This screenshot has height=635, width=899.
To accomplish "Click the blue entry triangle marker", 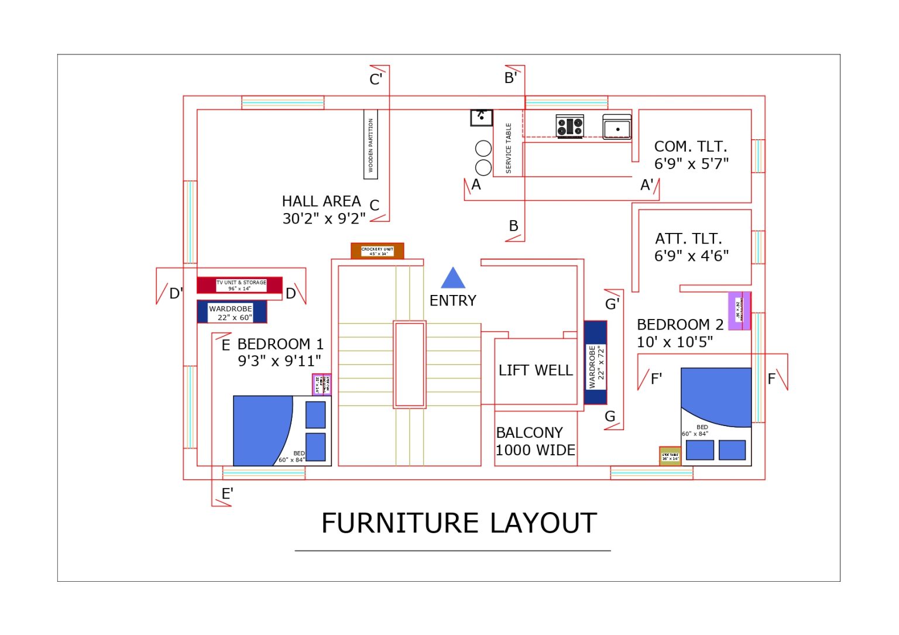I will (x=453, y=279).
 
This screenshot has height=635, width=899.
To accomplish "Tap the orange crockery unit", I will (x=378, y=251).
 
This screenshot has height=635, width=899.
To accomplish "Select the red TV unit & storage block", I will (x=240, y=285).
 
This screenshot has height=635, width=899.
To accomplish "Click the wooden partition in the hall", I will (x=370, y=145).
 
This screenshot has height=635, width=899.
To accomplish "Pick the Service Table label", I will (x=509, y=147).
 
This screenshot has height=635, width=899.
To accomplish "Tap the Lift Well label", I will (x=536, y=370).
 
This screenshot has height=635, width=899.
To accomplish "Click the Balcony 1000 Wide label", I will (x=536, y=441).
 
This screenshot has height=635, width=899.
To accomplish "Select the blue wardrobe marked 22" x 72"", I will (x=595, y=363).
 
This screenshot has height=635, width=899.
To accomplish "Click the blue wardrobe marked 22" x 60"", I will (x=232, y=312).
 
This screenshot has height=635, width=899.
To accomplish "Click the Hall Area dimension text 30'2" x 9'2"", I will (x=324, y=218).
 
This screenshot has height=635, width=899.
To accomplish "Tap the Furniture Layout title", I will (x=459, y=523).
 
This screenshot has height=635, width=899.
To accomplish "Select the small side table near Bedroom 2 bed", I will (x=670, y=456).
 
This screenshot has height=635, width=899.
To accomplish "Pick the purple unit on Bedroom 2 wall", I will (x=739, y=311).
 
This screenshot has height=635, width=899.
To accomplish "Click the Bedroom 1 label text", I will (x=280, y=344).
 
